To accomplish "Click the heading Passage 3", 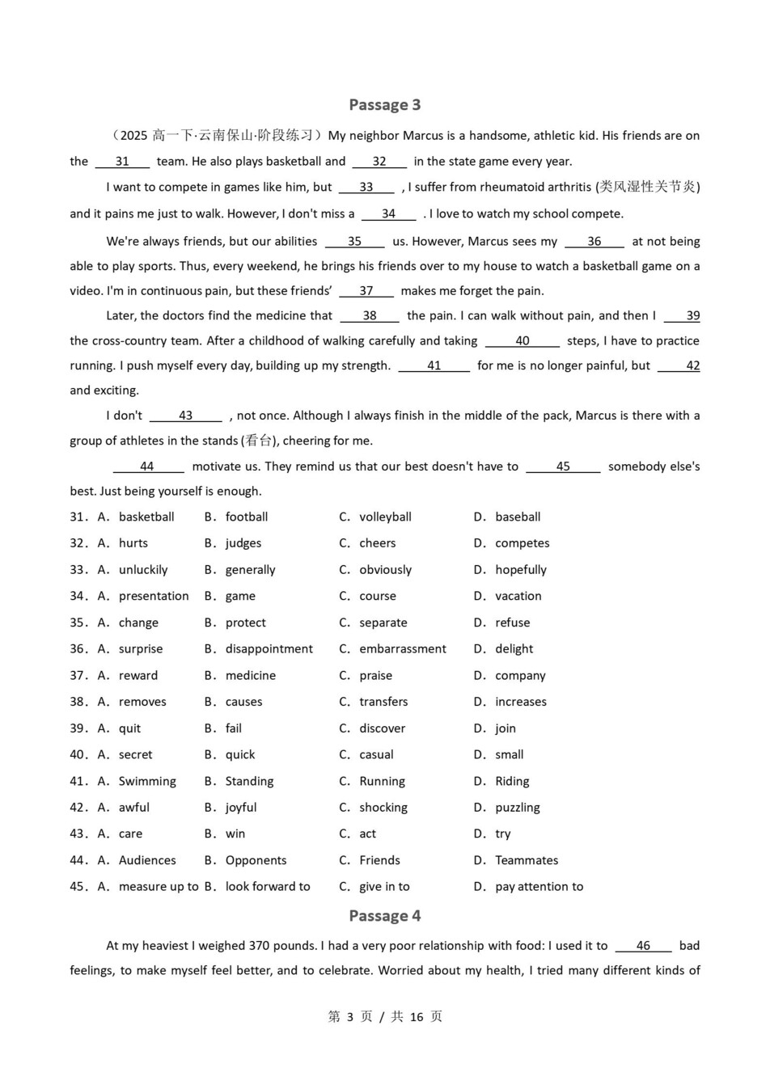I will (x=384, y=104).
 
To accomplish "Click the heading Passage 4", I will (x=384, y=915).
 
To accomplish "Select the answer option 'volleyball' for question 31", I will (x=385, y=517).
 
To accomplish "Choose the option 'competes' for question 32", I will (x=522, y=543).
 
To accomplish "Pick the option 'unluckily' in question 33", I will (x=143, y=570).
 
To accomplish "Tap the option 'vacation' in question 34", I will (x=518, y=596).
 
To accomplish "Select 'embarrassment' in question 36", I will (x=402, y=648).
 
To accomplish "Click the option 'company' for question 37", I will (x=520, y=675).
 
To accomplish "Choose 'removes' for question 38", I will (x=142, y=702).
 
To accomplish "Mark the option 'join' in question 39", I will (x=506, y=728).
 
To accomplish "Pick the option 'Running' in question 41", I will (x=382, y=781).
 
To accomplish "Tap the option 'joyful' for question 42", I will (x=241, y=807).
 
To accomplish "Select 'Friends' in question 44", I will (x=379, y=860).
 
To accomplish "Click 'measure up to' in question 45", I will (x=159, y=886).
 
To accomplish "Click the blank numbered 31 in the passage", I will (x=122, y=161).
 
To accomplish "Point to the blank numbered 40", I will (x=522, y=340).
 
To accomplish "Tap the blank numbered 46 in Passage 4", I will (x=643, y=945).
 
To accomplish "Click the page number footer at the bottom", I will (x=385, y=1016).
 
